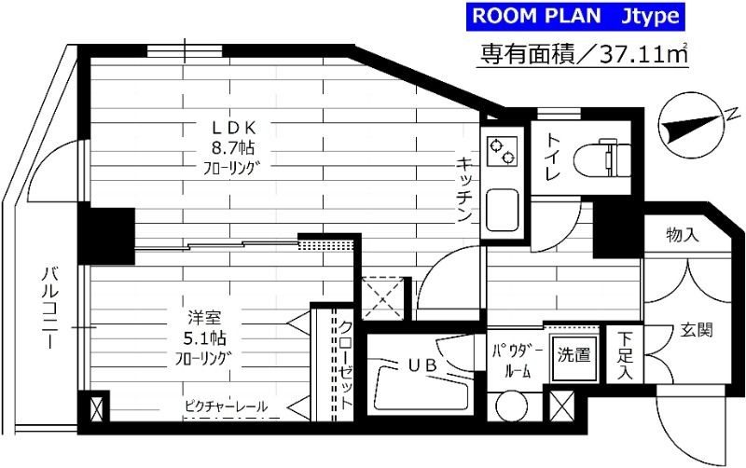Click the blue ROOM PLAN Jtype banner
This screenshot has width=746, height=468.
(575, 16)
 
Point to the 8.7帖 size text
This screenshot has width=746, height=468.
(238, 148)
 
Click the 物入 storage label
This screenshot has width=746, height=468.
(683, 235)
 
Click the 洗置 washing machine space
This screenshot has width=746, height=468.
(573, 355)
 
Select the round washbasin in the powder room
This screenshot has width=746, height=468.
(511, 406)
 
